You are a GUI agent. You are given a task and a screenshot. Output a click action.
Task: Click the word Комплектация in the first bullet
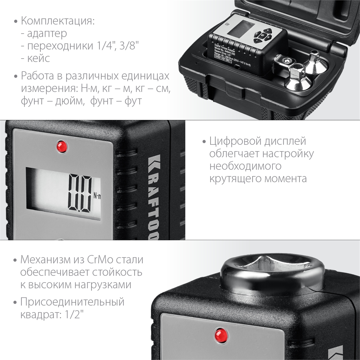[x=58, y=21]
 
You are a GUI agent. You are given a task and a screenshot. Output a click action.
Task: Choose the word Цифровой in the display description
[x=235, y=141]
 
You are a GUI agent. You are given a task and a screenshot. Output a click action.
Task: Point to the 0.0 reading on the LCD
[x=80, y=193]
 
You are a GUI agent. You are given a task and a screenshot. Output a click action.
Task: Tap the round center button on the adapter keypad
[x=262, y=36]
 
